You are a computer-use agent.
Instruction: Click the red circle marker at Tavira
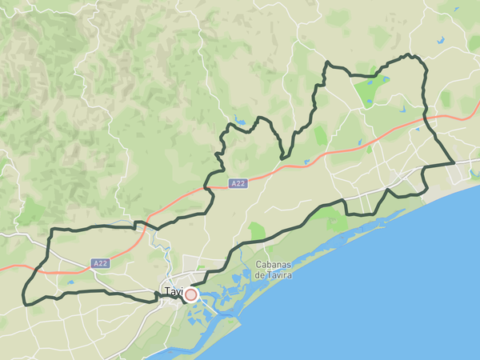[x=190, y=294]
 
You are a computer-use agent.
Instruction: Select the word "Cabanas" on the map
[x=273, y=265]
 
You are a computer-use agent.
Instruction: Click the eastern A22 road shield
[x=238, y=183]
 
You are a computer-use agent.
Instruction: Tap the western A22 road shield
[x=100, y=262]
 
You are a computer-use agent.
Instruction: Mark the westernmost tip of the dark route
[x=23, y=302]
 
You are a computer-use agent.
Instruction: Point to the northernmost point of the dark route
[x=410, y=55]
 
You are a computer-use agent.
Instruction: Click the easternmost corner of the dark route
[x=454, y=162]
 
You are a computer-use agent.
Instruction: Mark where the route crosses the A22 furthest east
[x=425, y=119]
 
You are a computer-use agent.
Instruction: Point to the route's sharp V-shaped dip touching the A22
[x=282, y=157]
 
